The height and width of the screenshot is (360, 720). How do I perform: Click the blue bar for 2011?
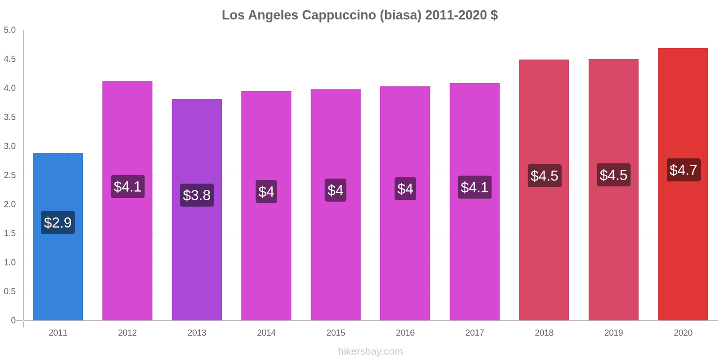coord(58,270)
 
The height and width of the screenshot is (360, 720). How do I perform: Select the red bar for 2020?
coord(683,247)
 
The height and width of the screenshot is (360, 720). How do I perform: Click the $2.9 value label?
coord(58,222)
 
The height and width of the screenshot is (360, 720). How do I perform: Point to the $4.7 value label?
coord(683,170)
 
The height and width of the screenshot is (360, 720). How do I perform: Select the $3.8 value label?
coord(197,195)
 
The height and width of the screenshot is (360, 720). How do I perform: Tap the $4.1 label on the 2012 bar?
coord(127,186)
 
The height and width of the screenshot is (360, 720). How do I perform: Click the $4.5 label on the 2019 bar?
coord(613,175)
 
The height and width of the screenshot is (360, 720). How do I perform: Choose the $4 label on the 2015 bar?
coord(335,190)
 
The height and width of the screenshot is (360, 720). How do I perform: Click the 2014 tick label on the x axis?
coord(266,333)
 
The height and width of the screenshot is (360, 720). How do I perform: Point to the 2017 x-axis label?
coord(474,333)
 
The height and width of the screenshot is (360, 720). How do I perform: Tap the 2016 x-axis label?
coord(405,333)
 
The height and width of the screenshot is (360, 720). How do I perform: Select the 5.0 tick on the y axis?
coord(10,30)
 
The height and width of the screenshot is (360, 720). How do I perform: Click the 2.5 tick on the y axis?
coord(10,175)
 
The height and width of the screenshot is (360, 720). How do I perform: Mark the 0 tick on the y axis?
coord(13,320)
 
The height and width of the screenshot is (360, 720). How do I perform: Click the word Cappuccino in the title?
coord(339,15)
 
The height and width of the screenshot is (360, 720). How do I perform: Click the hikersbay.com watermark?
coord(370,351)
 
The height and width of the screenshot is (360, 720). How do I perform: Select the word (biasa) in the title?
coord(400,15)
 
